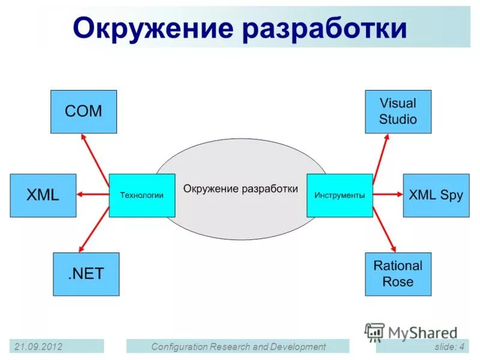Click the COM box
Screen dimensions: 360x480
(84, 112)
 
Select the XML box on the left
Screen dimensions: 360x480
(43, 195)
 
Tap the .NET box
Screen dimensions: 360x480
(86, 274)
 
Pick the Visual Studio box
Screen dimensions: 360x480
(398, 112)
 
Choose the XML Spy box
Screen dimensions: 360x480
(436, 195)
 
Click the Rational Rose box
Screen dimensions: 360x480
(398, 274)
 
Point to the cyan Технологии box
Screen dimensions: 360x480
(142, 195)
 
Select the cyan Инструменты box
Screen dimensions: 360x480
(340, 195)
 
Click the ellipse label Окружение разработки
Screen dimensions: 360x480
(241, 189)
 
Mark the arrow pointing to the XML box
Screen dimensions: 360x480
(93, 194)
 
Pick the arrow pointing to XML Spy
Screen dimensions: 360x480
(387, 194)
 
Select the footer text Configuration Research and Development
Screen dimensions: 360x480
(238, 346)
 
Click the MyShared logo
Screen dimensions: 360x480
(411, 332)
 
